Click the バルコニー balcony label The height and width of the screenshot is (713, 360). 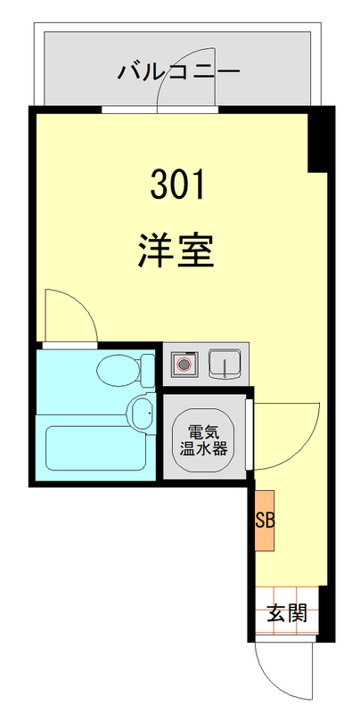coord(179,71)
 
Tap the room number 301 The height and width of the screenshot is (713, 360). coord(177,185)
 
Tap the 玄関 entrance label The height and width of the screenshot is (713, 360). coord(287,613)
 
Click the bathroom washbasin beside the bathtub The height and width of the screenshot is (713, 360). coord(140,412)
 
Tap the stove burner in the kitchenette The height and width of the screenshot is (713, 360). coord(184,365)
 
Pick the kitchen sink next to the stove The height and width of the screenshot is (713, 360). coord(225,364)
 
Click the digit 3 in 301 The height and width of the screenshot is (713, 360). coord(159,185)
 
